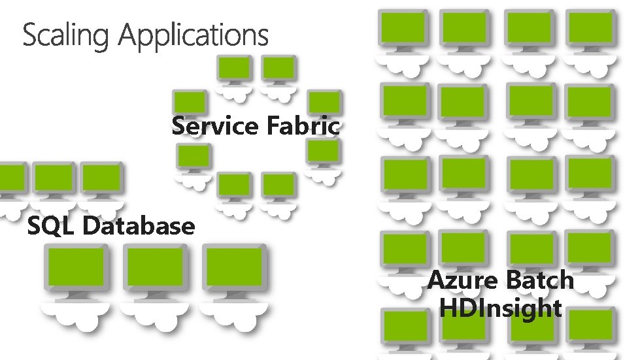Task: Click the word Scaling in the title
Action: [x=68, y=35]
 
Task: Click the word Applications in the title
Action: [x=194, y=37]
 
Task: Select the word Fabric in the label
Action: [x=303, y=125]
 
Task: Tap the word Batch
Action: [x=539, y=280]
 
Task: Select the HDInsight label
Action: [x=501, y=307]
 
